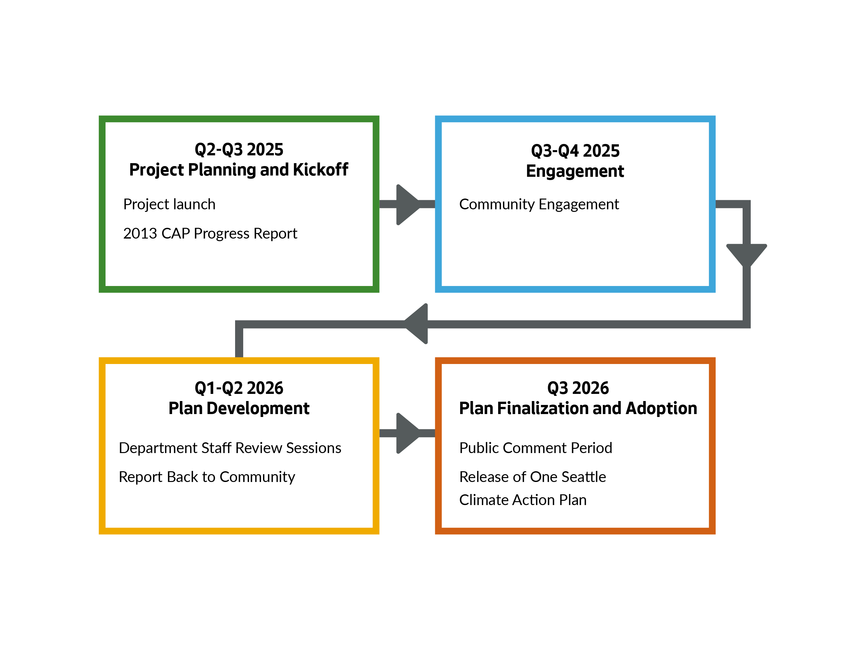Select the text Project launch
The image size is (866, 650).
coord(169,204)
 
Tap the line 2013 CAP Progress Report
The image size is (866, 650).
coord(210,234)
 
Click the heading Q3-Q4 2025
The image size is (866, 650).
coord(575,151)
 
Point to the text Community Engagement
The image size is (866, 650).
coord(539,204)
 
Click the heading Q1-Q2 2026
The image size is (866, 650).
coord(239,388)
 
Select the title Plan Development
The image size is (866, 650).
coord(239,408)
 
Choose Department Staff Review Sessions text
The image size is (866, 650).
coord(230,448)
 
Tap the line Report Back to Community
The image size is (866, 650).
coord(207,477)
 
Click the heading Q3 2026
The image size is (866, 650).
coord(578,388)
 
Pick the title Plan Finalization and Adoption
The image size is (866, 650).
coord(578,408)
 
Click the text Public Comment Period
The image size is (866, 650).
coord(535,448)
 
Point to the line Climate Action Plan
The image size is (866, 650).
coord(523,500)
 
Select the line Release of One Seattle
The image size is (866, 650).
coord(532,477)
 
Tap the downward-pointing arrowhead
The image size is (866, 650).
coord(746,254)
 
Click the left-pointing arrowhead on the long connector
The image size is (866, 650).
coord(417,324)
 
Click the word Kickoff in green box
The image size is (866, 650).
coord(320,170)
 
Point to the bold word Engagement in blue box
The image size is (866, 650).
coord(575,171)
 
